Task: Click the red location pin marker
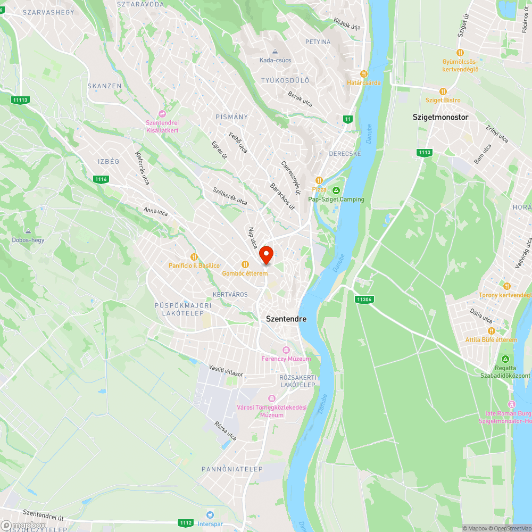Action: coord(267,254)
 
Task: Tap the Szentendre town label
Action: coord(286,319)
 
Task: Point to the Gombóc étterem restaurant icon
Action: coord(245,264)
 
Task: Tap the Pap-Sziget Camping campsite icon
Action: coord(336,190)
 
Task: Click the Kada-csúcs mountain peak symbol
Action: coord(275,52)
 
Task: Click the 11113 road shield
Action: coord(20,99)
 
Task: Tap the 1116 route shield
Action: coord(101,179)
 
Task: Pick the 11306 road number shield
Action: coord(364,300)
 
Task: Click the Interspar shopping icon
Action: coord(210,514)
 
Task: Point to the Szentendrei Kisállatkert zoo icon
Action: coord(162,114)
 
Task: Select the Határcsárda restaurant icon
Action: coord(364,74)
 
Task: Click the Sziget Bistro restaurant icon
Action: coord(443,91)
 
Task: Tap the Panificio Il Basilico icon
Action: coord(194,256)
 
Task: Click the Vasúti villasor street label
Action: coord(226,370)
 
